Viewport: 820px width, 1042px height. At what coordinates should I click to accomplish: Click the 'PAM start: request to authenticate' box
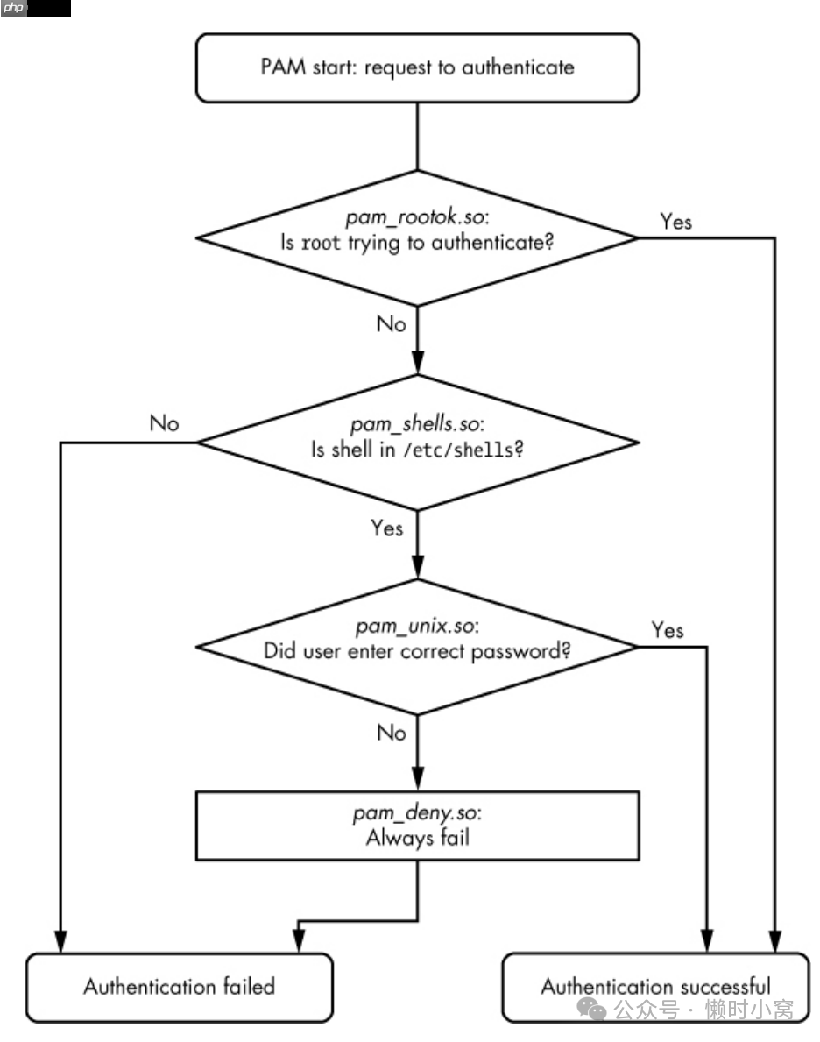point(417,67)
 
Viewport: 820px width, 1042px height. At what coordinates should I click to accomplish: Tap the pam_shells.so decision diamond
point(417,441)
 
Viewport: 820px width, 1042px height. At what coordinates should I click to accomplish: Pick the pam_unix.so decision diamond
point(417,646)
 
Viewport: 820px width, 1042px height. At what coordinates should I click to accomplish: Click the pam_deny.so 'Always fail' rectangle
point(417,826)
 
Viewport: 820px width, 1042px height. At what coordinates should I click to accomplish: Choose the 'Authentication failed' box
point(180,988)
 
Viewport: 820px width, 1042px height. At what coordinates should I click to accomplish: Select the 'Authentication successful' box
point(655,988)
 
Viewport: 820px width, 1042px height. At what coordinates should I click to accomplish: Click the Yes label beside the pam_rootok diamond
point(675,222)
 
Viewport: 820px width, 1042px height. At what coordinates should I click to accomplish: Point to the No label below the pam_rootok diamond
point(392,324)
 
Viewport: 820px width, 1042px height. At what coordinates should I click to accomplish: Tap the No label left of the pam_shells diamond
point(164,424)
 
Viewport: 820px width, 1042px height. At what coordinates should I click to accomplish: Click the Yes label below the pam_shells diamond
point(387,528)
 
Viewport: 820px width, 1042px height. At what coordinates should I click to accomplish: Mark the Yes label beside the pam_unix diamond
point(668,631)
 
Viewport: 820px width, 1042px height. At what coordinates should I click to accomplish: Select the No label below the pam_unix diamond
point(392,732)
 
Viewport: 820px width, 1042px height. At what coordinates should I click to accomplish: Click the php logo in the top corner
point(15,8)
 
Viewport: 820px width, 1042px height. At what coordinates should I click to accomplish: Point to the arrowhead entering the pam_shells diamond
point(417,365)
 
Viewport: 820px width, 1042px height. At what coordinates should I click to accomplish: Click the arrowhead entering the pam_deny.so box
point(417,782)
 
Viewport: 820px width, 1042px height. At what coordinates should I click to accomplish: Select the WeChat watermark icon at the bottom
point(596,1011)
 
